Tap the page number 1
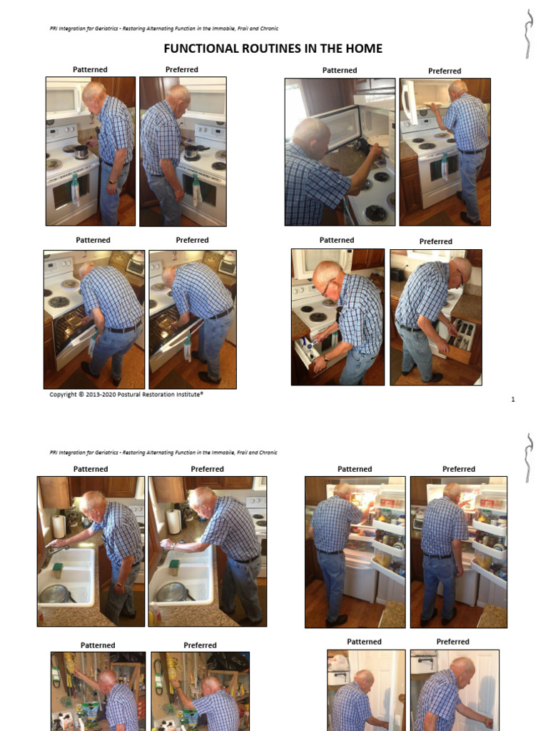[x=513, y=399]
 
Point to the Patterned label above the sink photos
[x=91, y=469]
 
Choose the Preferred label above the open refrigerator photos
[x=458, y=469]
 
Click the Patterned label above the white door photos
[x=364, y=642]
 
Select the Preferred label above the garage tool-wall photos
[x=200, y=645]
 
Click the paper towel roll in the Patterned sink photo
[x=59, y=526]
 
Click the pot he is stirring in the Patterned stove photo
[x=81, y=151]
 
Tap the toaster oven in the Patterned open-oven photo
[x=134, y=266]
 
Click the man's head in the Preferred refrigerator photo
[x=452, y=493]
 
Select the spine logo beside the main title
[x=527, y=34]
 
